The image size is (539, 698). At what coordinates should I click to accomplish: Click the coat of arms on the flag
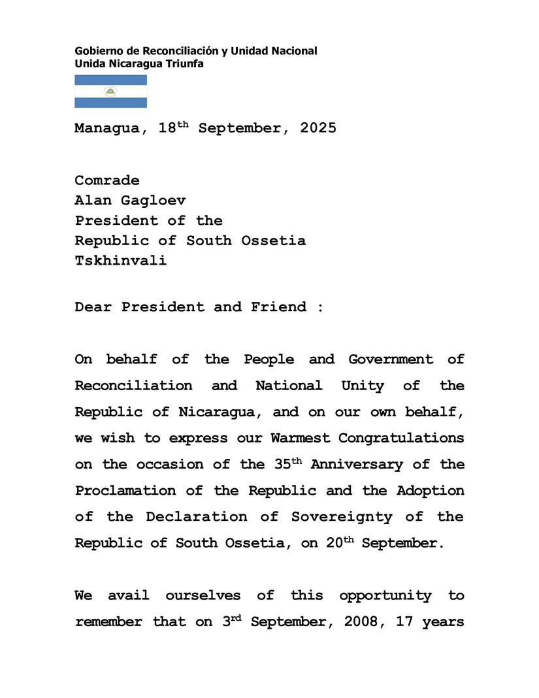(110, 91)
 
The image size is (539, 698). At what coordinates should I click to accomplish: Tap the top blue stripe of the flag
(110, 80)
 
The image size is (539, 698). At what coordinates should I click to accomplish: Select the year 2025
(318, 128)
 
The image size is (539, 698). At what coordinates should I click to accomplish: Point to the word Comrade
(107, 180)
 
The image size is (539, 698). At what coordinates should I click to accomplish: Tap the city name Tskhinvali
(121, 260)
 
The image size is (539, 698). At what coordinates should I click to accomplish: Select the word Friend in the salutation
(278, 307)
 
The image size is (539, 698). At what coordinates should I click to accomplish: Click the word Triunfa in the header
(185, 64)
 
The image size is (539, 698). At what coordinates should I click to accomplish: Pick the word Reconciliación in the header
(182, 51)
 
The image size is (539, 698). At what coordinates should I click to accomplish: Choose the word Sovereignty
(342, 517)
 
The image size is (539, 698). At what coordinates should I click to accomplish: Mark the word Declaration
(197, 517)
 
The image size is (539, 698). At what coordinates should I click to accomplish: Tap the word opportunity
(385, 596)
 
